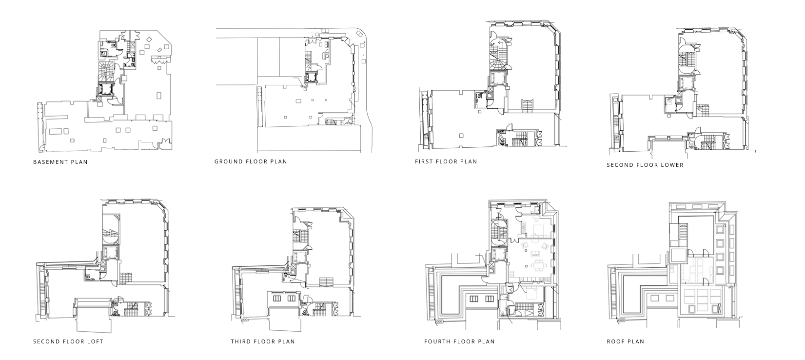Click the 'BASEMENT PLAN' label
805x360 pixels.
60,162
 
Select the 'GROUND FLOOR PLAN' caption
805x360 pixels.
251,162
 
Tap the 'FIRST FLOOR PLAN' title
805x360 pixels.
446,162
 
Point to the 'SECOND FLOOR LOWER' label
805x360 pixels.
645,165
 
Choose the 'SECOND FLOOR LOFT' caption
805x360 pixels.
68,341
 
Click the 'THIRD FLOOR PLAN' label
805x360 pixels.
263,341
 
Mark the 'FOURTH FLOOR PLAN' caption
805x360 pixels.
459,341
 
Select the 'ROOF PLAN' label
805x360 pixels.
625,341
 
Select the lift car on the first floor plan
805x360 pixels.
497,78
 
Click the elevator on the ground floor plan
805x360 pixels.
311,77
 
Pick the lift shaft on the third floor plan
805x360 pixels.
299,257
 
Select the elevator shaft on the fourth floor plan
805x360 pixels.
498,255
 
